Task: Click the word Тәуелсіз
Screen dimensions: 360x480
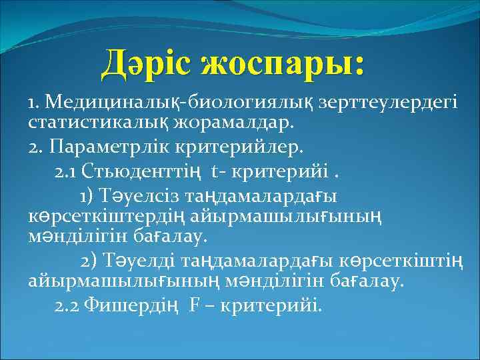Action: [138, 196]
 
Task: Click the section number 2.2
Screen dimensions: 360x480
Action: [68, 305]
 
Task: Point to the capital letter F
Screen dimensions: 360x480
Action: [195, 305]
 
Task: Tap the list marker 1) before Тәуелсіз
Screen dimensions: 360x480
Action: [88, 196]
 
